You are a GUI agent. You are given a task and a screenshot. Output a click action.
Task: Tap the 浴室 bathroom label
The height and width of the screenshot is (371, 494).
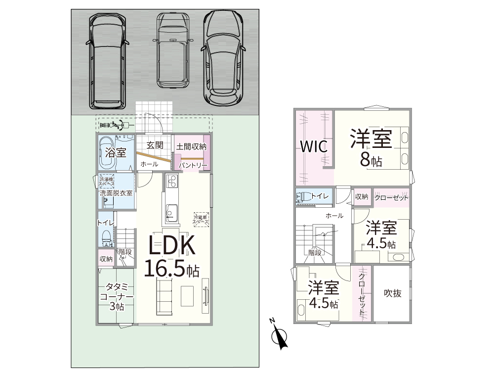116,153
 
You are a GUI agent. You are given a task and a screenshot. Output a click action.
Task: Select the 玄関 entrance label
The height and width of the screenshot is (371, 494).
155,145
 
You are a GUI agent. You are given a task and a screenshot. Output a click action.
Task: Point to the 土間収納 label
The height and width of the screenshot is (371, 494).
191,146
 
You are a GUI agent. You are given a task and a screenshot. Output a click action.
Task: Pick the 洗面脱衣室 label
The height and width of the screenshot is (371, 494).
116,193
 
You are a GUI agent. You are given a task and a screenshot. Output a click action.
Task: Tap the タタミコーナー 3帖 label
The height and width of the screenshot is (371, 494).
117,296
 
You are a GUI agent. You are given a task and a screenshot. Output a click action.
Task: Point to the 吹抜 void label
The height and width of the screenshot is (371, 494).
393,293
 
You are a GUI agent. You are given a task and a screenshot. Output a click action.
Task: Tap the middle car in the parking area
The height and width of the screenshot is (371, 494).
173,50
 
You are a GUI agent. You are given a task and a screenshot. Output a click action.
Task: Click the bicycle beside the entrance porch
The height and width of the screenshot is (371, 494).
119,125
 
